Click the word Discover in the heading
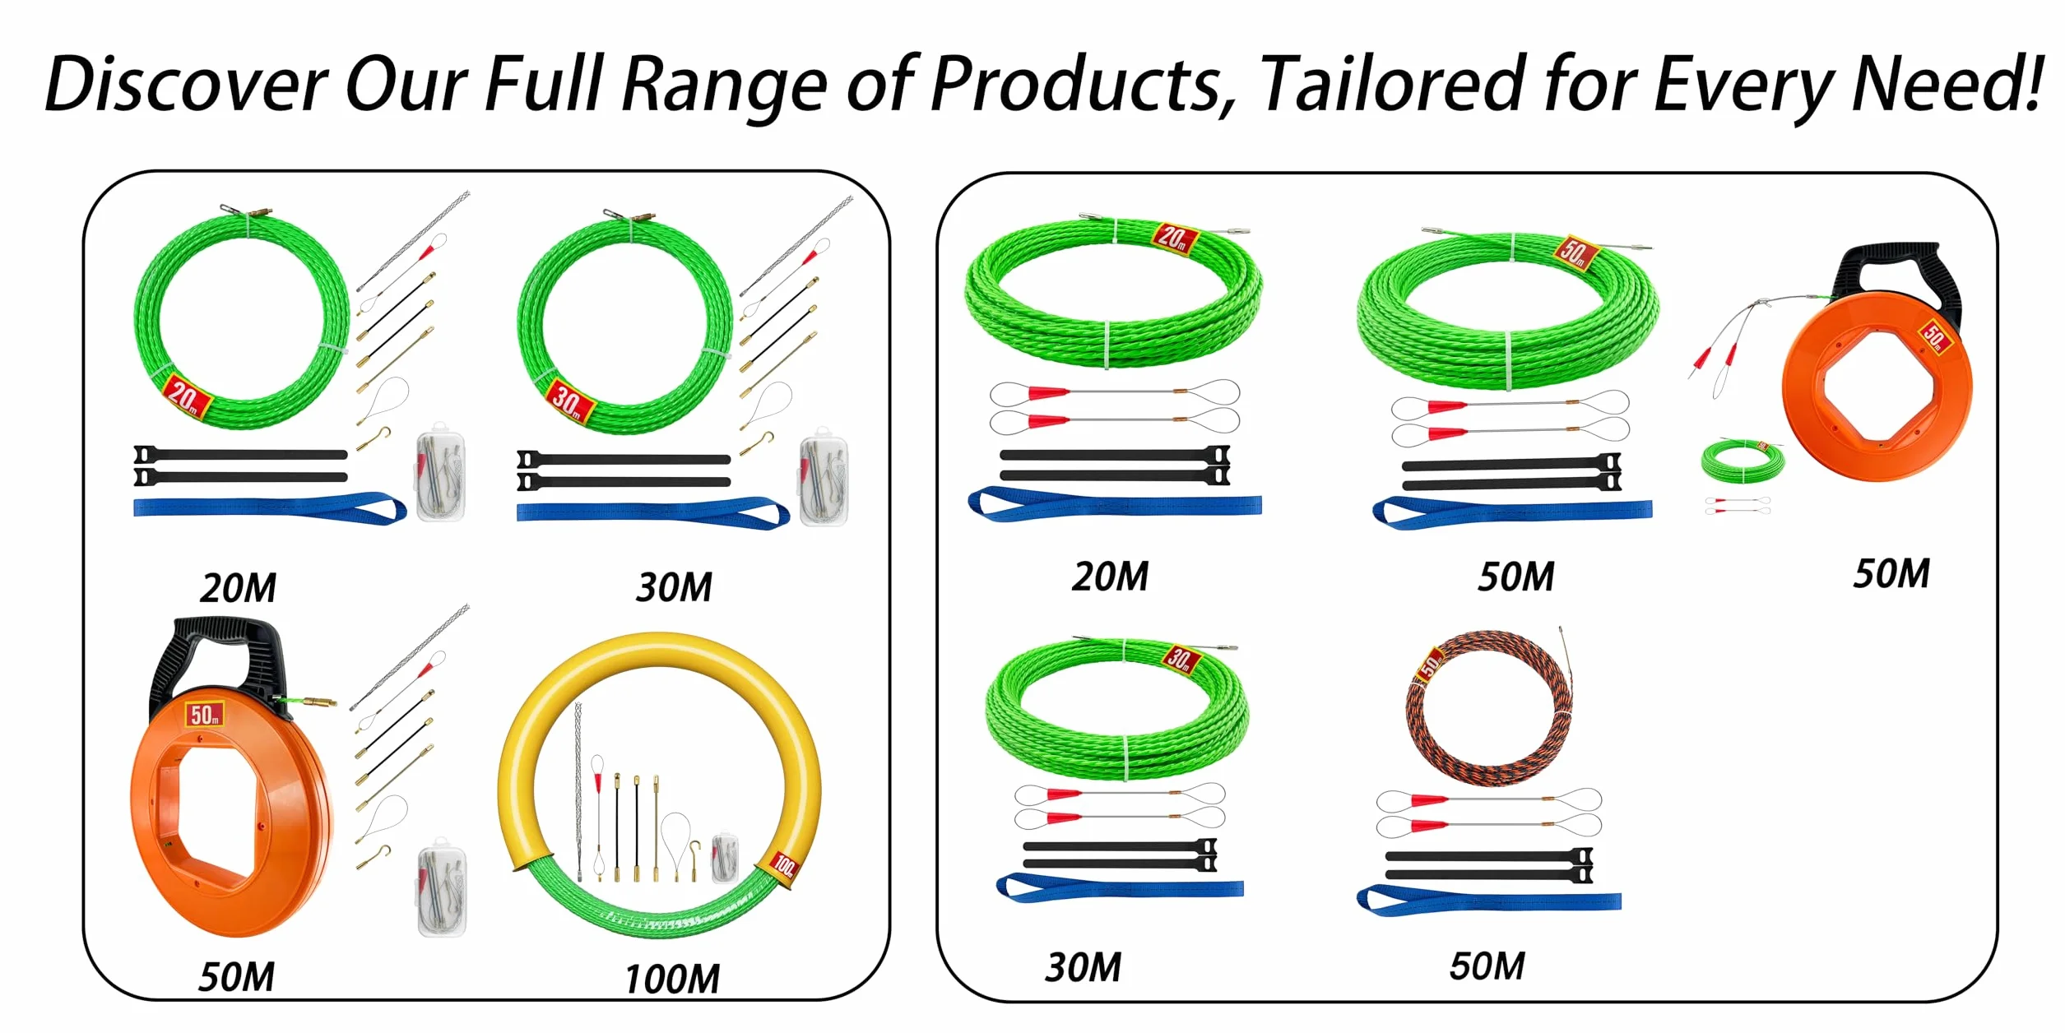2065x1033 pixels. point(186,85)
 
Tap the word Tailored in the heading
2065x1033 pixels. point(1392,84)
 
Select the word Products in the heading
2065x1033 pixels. point(1080,85)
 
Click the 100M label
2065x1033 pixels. point(672,979)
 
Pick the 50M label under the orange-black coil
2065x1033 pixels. point(1487,966)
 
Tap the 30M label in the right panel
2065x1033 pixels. point(1083,967)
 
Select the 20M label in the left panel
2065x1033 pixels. point(238,588)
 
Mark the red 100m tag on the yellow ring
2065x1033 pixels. point(784,866)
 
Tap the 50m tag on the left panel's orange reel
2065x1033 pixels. point(204,714)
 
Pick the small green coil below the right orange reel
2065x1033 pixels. point(1742,461)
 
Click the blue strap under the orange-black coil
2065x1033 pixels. point(1488,900)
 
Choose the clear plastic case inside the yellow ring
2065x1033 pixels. point(725,858)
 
